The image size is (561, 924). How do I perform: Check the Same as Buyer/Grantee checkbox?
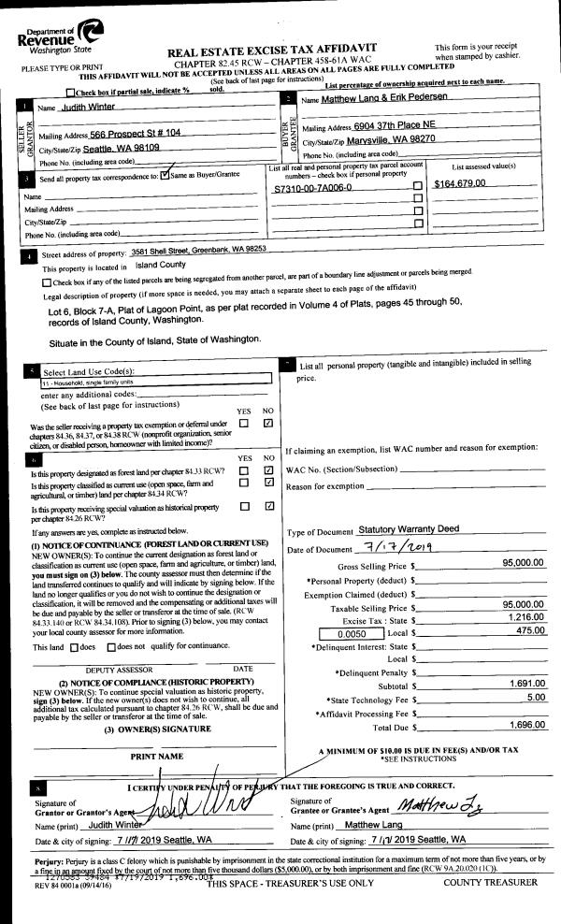pos(165,174)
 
